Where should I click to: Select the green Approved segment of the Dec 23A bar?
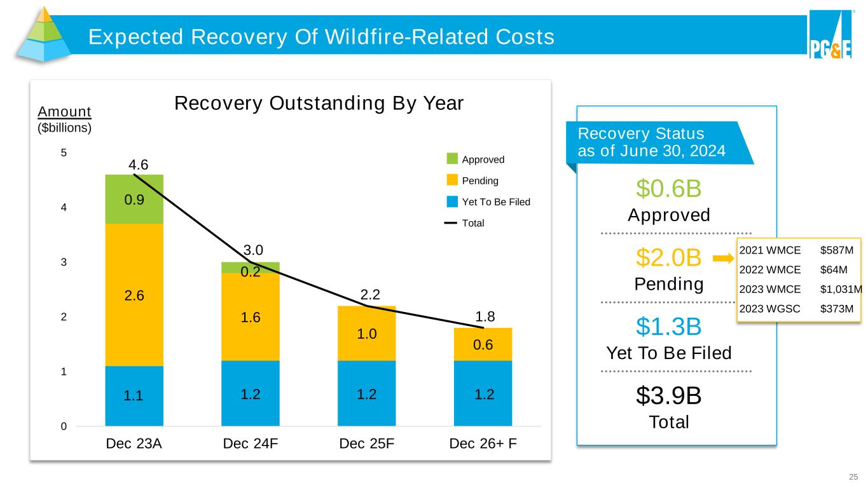(x=134, y=199)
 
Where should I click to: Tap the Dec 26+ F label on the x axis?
(x=483, y=444)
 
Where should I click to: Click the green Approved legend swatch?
(x=452, y=159)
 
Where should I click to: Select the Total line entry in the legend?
(x=452, y=223)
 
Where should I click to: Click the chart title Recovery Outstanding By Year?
(x=320, y=103)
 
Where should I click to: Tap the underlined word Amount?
(x=65, y=112)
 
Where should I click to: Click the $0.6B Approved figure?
(x=668, y=189)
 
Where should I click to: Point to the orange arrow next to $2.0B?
(x=723, y=259)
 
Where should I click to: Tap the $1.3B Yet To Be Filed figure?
(x=668, y=327)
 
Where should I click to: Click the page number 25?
(x=853, y=477)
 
